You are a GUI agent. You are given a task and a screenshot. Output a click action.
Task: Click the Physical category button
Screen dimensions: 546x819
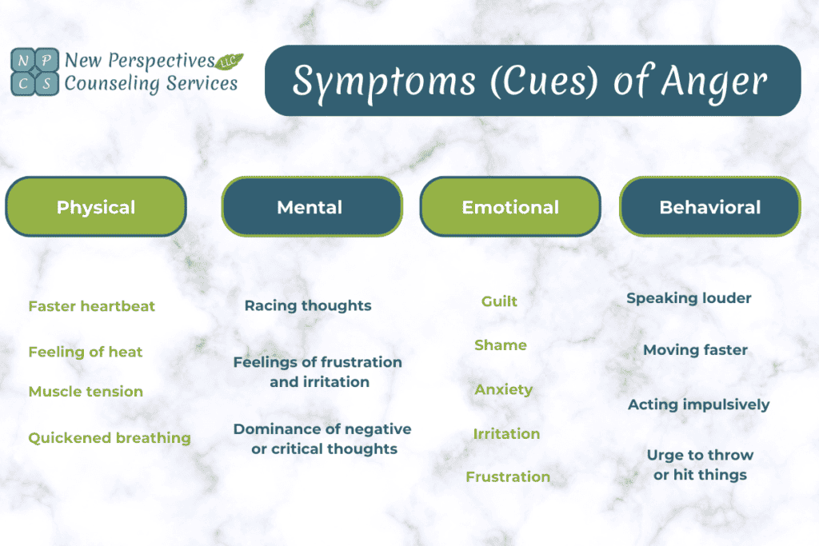point(96,207)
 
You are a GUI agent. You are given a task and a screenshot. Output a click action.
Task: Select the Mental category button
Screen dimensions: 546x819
point(310,207)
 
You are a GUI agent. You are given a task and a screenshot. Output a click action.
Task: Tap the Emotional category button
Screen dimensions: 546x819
point(510,207)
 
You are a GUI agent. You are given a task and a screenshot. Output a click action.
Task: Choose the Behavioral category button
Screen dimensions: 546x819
point(709,207)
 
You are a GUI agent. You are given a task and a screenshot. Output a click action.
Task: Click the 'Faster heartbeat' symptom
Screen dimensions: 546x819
point(92,306)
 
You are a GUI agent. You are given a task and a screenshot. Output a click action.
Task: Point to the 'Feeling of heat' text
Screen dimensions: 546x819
point(86,352)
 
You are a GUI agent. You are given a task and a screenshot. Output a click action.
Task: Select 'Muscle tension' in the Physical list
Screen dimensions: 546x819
point(86,392)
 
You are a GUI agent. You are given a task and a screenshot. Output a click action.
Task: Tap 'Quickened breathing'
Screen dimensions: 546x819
point(110,438)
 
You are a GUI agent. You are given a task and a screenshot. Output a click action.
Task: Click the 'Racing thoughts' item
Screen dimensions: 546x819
point(308,305)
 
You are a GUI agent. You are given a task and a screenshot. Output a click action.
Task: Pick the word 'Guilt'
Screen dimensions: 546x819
point(499,301)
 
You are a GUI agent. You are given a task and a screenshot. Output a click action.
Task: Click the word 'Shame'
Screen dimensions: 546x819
point(501,345)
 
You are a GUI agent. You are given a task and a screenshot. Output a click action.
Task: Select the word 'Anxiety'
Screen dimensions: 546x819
point(503,390)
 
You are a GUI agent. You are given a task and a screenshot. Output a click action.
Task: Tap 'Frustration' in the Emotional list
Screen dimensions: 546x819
point(508,476)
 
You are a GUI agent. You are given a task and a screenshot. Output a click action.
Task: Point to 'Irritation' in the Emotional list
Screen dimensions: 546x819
point(506,434)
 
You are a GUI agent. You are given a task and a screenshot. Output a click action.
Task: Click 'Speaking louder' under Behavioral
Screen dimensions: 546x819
point(689,298)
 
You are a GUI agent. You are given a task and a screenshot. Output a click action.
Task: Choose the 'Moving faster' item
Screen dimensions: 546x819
point(695,350)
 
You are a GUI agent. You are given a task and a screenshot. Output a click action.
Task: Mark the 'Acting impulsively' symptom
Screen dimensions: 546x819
point(698,405)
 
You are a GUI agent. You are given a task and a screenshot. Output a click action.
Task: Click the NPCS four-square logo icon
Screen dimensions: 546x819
point(34,70)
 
